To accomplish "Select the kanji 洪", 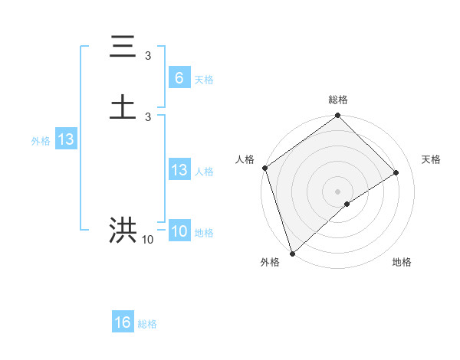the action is click(123, 231).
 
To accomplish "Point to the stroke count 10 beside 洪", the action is click(147, 240).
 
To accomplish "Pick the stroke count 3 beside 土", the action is click(148, 116).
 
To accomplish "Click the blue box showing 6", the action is click(179, 78).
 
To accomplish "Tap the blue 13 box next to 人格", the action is click(179, 170).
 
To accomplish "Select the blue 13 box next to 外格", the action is click(65, 140).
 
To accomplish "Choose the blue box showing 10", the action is click(179, 231).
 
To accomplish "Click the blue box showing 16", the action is click(123, 322).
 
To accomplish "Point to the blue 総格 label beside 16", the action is click(147, 324).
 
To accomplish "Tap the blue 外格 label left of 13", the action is click(40, 141).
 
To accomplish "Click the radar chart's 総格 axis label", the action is click(337, 100).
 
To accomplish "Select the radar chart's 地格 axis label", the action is click(402, 262).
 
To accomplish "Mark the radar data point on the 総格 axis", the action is click(337, 117).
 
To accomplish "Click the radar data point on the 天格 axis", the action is click(396, 172).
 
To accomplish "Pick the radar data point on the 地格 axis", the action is click(347, 204).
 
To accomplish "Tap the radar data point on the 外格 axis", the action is click(291, 253).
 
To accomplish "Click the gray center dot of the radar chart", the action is click(337, 191).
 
